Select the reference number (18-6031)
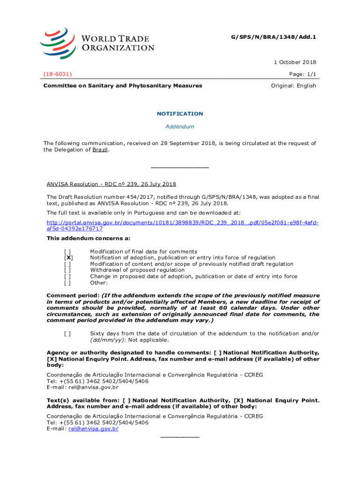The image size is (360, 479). pyautogui.click(x=58, y=74)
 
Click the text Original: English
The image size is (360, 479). pyautogui.click(x=294, y=86)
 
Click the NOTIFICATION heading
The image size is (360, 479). pyautogui.click(x=180, y=114)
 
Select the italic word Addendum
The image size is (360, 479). pyautogui.click(x=180, y=127)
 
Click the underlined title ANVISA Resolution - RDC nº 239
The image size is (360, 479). pyautogui.click(x=111, y=184)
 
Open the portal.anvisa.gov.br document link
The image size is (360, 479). pyautogui.click(x=182, y=225)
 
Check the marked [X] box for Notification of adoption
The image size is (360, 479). pyautogui.click(x=68, y=258)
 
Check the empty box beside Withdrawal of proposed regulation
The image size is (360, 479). pyautogui.click(x=68, y=270)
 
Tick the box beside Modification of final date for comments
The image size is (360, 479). pyautogui.click(x=68, y=252)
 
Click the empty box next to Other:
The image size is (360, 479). pyautogui.click(x=68, y=283)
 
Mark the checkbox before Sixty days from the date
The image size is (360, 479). pyautogui.click(x=68, y=334)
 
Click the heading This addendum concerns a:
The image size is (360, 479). pyautogui.click(x=82, y=238)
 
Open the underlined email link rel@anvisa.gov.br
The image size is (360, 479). pyautogui.click(x=93, y=428)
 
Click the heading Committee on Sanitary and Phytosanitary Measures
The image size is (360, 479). pyautogui.click(x=123, y=86)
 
